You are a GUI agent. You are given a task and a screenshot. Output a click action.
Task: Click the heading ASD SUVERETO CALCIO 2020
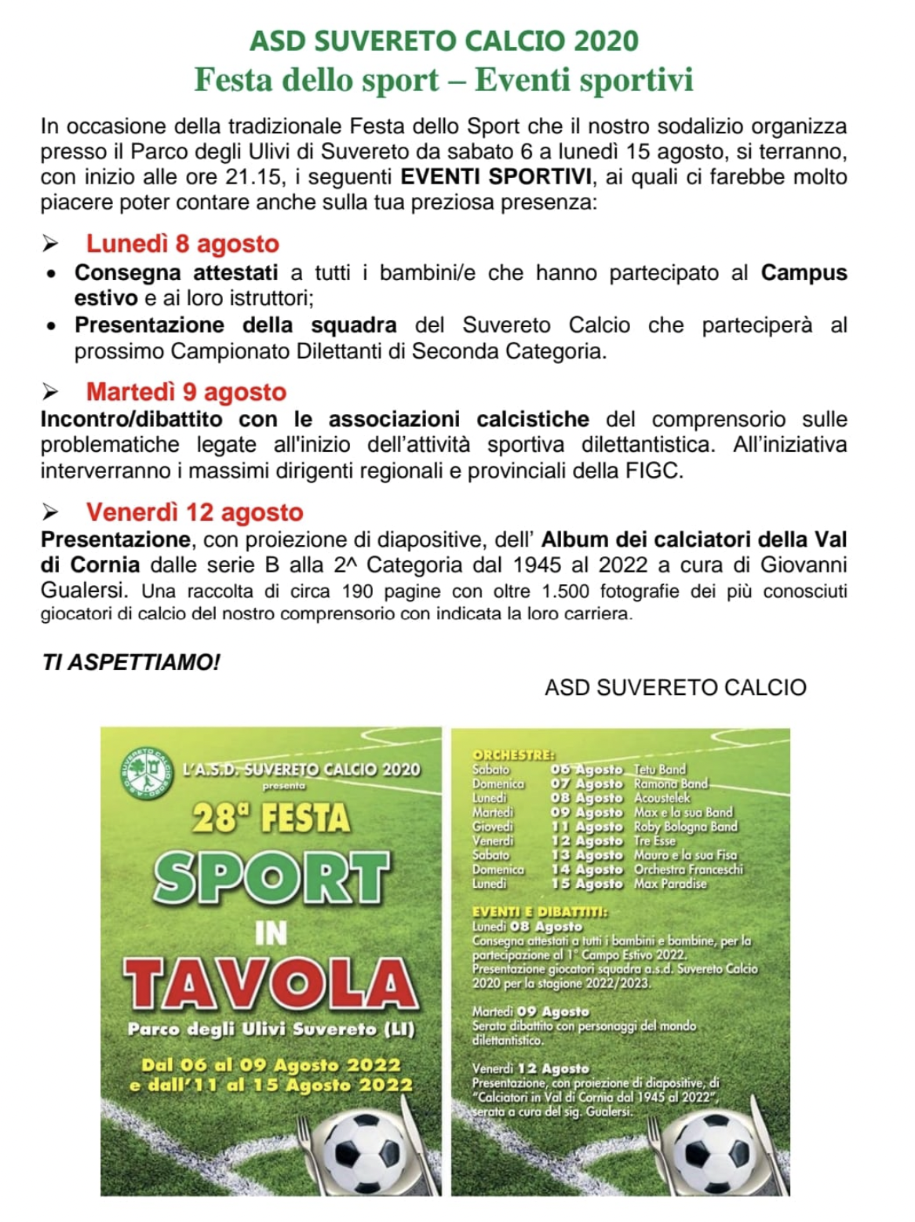(x=444, y=41)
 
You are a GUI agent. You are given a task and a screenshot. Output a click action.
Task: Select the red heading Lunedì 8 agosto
(x=182, y=244)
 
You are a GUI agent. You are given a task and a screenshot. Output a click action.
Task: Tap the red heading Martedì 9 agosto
(x=186, y=391)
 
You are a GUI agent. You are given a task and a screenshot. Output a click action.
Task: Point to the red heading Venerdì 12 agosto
(x=195, y=512)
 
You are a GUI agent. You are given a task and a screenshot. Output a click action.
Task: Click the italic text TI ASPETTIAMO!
(x=131, y=663)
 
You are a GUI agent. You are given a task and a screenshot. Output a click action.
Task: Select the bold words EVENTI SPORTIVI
(x=497, y=176)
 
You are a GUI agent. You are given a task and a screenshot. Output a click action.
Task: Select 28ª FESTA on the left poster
(x=271, y=819)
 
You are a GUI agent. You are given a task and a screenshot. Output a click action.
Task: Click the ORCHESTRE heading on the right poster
(x=513, y=755)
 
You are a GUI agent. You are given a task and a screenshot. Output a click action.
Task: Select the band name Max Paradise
(x=670, y=884)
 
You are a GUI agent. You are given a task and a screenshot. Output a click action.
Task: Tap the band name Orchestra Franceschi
(x=688, y=869)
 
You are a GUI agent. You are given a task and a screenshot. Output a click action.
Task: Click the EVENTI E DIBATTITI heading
(x=540, y=911)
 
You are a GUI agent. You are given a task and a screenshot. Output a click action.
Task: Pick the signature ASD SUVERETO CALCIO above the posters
(x=675, y=688)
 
